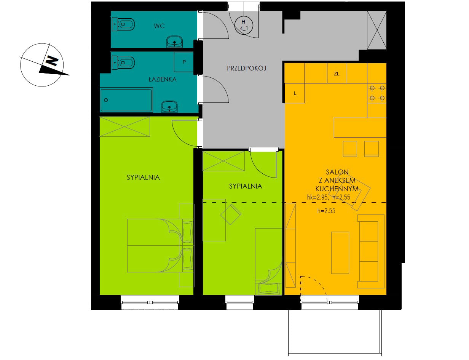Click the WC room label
(159, 26)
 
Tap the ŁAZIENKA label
(163, 79)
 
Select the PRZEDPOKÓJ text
(246, 68)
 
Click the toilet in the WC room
(123, 24)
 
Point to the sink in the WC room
(174, 42)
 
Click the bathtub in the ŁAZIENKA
(126, 100)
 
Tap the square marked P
(184, 62)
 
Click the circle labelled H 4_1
(244, 25)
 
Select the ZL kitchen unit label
(337, 74)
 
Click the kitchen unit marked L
(295, 93)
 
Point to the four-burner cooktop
(377, 93)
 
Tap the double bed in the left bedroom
(160, 246)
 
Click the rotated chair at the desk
(231, 214)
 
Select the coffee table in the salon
(340, 253)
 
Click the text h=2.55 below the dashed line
(326, 211)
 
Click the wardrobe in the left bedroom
(124, 126)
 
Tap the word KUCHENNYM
(337, 189)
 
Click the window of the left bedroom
(150, 302)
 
